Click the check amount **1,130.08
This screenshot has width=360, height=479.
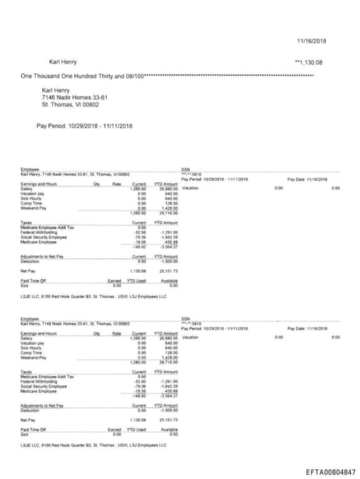[x=309, y=63]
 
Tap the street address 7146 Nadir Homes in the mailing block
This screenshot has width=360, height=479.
[x=75, y=98]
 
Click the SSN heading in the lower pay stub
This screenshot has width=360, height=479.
[x=186, y=319]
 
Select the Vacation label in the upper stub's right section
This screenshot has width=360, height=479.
[x=191, y=189]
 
